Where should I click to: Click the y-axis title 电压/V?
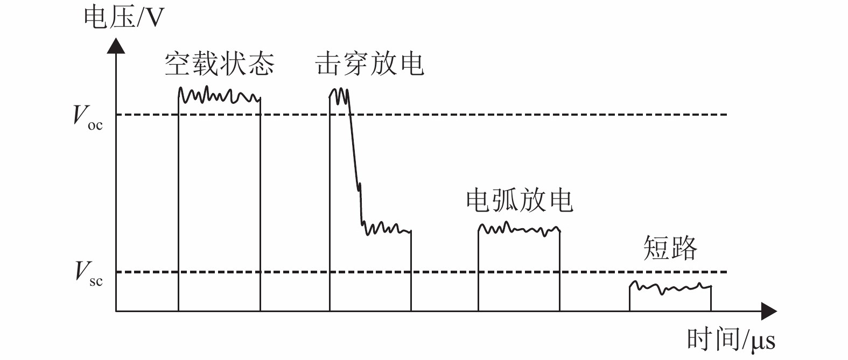123,18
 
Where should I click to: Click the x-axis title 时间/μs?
731,340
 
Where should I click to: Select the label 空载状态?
219,64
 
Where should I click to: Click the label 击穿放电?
369,64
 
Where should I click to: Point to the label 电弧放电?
519,201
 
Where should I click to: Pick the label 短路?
670,248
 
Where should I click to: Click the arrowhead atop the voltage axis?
116,45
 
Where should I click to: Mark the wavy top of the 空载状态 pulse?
219,96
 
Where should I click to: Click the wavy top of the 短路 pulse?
670,287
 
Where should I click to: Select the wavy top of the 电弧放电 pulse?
519,229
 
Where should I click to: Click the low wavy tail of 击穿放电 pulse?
387,228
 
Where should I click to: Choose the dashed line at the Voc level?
485,115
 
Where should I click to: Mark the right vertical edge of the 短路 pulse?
711,299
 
